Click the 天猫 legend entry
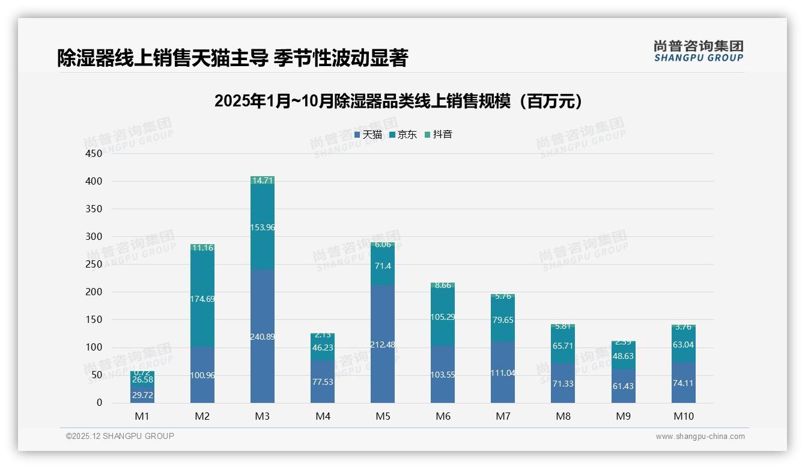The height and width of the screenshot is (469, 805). click(368, 135)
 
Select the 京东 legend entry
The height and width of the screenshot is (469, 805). click(403, 135)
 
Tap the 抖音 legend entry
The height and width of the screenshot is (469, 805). click(439, 135)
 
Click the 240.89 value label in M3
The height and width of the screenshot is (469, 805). click(263, 337)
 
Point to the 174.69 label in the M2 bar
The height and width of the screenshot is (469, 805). click(202, 299)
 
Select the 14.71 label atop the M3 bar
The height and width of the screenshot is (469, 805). click(263, 180)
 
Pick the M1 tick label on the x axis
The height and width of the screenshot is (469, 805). click(142, 416)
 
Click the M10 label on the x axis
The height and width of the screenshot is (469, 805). click(683, 416)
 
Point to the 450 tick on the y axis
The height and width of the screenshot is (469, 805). click(94, 153)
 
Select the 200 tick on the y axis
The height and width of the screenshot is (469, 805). click(94, 292)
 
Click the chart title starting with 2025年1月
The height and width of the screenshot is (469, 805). click(398, 101)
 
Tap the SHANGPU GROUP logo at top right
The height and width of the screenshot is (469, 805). click(699, 51)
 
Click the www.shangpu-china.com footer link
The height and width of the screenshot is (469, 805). click(700, 437)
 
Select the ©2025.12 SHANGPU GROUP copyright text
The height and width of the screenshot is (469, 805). click(120, 437)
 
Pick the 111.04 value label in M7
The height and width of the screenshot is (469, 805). click(503, 373)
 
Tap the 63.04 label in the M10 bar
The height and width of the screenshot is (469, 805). click(683, 345)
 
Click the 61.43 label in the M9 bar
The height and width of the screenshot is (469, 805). click(623, 385)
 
